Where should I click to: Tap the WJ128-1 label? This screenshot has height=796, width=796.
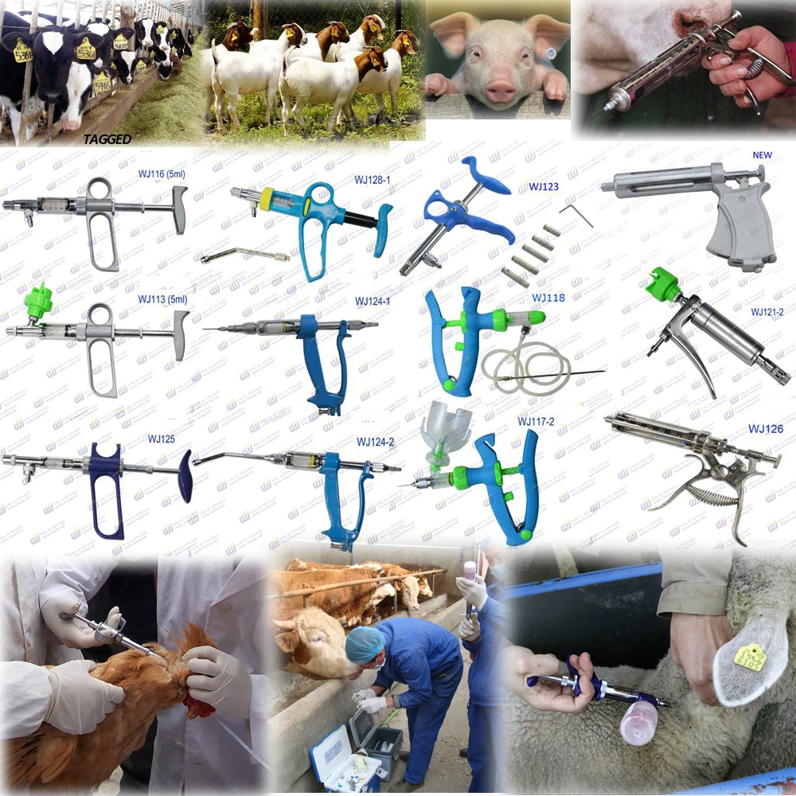pyautogui.click(x=372, y=179)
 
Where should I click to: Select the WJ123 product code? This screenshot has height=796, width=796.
pyautogui.click(x=544, y=187)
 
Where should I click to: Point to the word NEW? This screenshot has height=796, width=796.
pyautogui.click(x=762, y=154)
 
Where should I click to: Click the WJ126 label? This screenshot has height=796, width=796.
pyautogui.click(x=765, y=429)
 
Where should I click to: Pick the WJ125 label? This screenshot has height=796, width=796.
pyautogui.click(x=161, y=439)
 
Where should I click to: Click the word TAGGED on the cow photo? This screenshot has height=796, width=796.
pyautogui.click(x=107, y=139)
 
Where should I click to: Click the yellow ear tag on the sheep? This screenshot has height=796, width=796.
pyautogui.click(x=749, y=657)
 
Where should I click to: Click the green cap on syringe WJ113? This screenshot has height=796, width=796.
pyautogui.click(x=38, y=299)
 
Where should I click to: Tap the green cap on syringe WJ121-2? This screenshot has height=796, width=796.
pyautogui.click(x=665, y=283)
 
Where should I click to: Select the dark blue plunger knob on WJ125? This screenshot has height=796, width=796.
pyautogui.click(x=185, y=476)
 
